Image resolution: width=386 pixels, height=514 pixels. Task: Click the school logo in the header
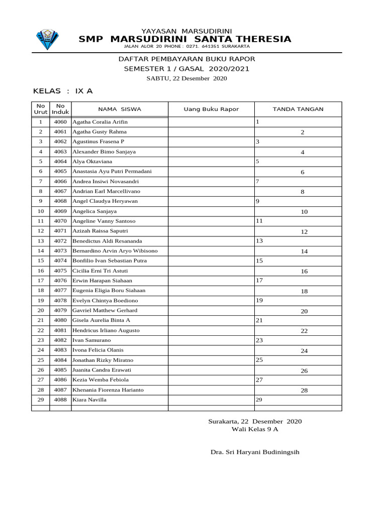coord(47,40)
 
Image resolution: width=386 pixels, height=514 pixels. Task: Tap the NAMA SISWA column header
coord(120,109)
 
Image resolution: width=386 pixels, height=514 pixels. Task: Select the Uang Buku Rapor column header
coord(211,109)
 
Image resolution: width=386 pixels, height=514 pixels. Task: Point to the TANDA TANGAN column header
coord(298,109)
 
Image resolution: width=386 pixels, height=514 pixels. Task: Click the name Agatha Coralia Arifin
coord(100,122)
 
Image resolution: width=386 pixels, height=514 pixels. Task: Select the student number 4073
coord(60,250)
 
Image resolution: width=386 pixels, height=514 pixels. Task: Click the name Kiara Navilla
coord(89,400)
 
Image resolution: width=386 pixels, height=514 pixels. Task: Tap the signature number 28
coord(304,391)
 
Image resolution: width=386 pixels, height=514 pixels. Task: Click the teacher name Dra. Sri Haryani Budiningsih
coord(255,452)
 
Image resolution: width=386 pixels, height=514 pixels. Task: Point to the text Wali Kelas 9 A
coord(255,430)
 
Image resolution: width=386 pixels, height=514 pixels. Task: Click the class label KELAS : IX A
coord(63,91)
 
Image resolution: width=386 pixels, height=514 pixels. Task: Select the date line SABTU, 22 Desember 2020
coord(186,78)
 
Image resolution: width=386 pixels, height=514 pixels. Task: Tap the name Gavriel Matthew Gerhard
coord(105,310)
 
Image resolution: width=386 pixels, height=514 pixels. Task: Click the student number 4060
coord(60,122)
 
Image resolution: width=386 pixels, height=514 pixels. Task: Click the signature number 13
coord(259,241)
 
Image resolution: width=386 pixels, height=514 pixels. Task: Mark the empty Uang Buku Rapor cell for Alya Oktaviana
coord(211,162)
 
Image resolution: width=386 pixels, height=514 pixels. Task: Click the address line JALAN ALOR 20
coord(186,47)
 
